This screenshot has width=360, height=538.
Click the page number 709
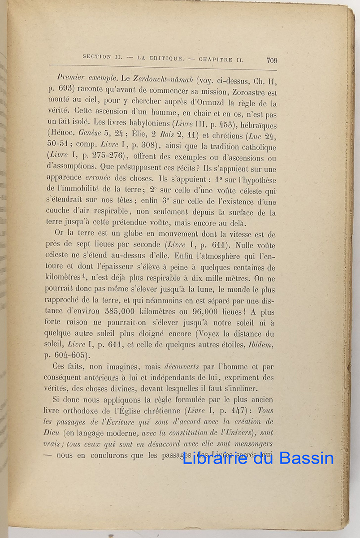(x=272, y=61)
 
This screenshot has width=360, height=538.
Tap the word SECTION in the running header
(x=97, y=57)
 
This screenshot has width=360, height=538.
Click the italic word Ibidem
(x=260, y=345)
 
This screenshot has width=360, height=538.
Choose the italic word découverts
(x=181, y=366)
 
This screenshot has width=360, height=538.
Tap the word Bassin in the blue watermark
(x=307, y=458)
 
